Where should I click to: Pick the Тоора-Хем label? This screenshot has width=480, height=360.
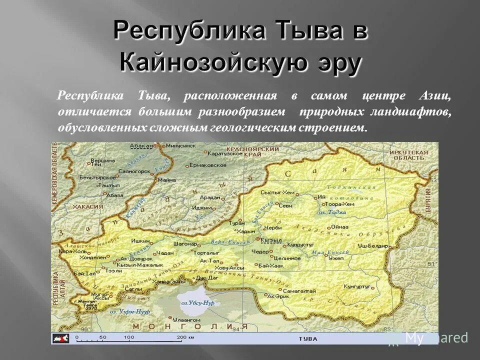click(339, 204)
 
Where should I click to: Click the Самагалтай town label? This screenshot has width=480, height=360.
click(300, 290)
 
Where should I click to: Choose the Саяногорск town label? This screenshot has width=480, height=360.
click(134, 170)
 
